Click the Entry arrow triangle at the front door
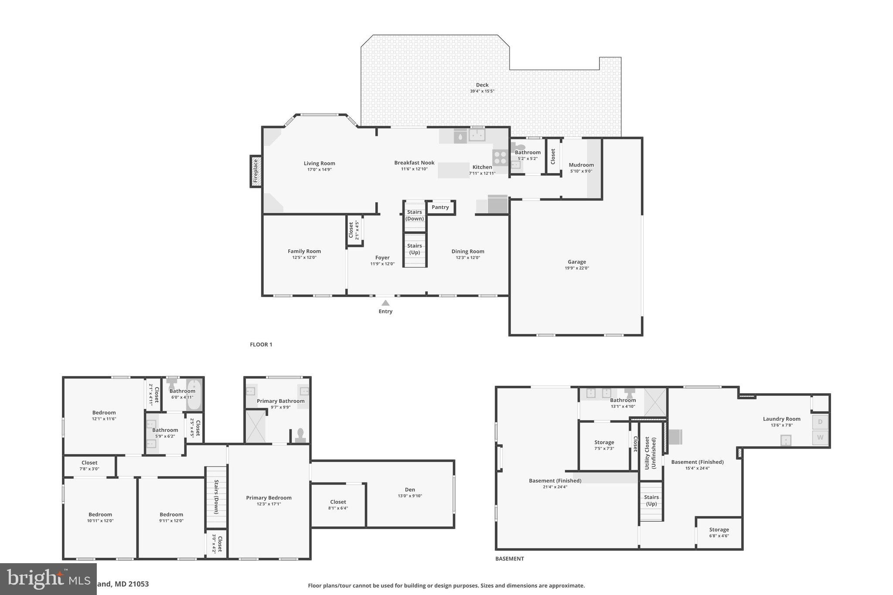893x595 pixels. coord(385,303)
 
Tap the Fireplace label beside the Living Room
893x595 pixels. coord(256,171)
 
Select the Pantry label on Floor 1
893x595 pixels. coord(440,207)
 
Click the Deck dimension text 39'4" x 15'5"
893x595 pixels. coord(482,91)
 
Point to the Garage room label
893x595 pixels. coord(576,262)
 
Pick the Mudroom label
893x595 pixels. coord(581,165)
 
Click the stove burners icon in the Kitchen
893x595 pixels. coord(500,157)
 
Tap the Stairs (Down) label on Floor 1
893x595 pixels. coord(414,215)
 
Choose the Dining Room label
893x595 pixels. coord(467,251)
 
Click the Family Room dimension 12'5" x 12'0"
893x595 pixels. coord(304,257)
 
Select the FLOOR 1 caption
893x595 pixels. coord(261,344)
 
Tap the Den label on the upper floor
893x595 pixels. coord(410,490)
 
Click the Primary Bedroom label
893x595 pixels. coord(269,498)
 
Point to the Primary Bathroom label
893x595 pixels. coord(280,401)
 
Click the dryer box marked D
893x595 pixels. coord(820,422)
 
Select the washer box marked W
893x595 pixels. coord(820,437)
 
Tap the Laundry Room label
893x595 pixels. coord(781,419)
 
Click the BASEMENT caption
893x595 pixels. coord(509,558)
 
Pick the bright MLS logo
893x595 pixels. coord(48,579)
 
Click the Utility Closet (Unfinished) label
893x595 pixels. coord(650,453)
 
